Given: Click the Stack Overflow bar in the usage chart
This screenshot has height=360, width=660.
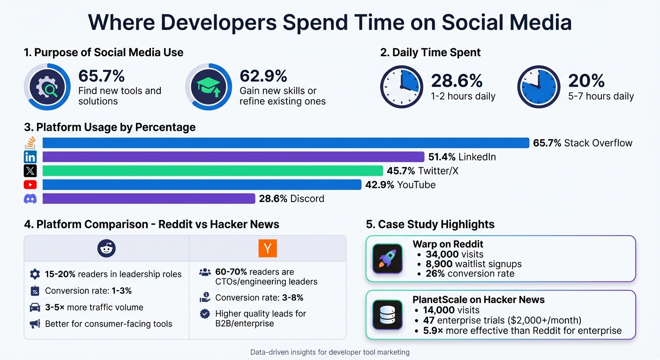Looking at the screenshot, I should [285, 143].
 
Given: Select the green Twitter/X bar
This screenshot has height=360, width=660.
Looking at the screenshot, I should [212, 171].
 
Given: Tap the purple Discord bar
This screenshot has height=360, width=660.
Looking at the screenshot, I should [149, 198].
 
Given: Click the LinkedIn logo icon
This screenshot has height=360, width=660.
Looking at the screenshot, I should [30, 157].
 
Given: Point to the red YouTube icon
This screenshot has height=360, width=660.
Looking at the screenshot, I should [30, 185].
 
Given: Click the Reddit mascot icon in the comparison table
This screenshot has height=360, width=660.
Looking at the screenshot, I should [106, 248].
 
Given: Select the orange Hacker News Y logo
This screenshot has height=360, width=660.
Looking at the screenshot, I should [268, 248].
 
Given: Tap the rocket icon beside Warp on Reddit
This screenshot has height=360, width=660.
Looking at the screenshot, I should [387, 259].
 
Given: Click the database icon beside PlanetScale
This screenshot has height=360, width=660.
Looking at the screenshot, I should [387, 314].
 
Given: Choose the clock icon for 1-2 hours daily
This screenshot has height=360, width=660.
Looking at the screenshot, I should [402, 87].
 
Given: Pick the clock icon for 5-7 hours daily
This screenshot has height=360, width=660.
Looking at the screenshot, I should [539, 87].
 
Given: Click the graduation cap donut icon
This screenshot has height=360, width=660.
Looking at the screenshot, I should [208, 87].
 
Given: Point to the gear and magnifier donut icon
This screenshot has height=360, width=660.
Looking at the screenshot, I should [47, 87].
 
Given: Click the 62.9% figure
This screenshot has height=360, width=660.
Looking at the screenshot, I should [263, 76].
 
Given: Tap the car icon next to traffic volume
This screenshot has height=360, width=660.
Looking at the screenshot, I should [35, 307].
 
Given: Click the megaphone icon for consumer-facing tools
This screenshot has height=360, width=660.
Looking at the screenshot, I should [35, 324].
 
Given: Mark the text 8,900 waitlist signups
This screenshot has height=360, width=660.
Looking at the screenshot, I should [473, 264].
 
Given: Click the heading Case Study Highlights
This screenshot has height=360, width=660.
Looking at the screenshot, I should [430, 224].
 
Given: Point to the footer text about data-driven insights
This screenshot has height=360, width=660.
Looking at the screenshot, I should [330, 352].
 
